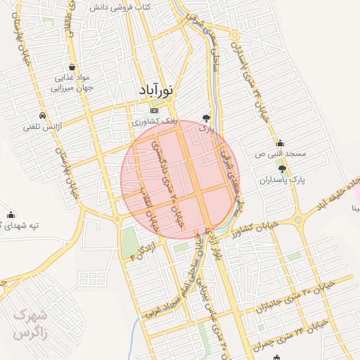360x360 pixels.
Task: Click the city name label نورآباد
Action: [x=160, y=91]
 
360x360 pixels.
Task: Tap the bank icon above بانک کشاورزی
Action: [x=155, y=110]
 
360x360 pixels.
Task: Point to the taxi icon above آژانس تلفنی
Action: [x=44, y=115]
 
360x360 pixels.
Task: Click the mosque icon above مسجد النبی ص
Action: [x=280, y=143]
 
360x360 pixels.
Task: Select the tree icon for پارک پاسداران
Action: [x=283, y=169]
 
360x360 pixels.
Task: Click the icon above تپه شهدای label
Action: [x=11, y=215]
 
